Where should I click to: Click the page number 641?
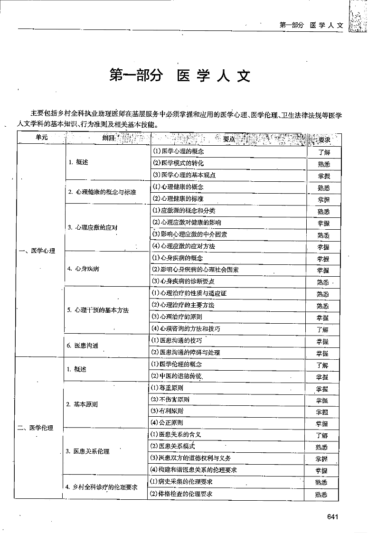[332, 517]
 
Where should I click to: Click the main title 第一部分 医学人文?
[179, 76]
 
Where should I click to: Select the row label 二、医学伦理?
[36, 428]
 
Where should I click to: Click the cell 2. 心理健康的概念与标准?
[102, 192]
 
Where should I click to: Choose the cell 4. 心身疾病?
[84, 269]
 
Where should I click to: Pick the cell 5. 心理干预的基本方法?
[98, 310]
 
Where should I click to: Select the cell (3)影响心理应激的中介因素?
[188, 234]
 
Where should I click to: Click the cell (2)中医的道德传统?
[176, 376]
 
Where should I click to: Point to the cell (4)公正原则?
[167, 422]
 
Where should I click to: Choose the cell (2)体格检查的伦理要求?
[181, 494]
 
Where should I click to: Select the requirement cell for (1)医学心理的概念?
[323, 152]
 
